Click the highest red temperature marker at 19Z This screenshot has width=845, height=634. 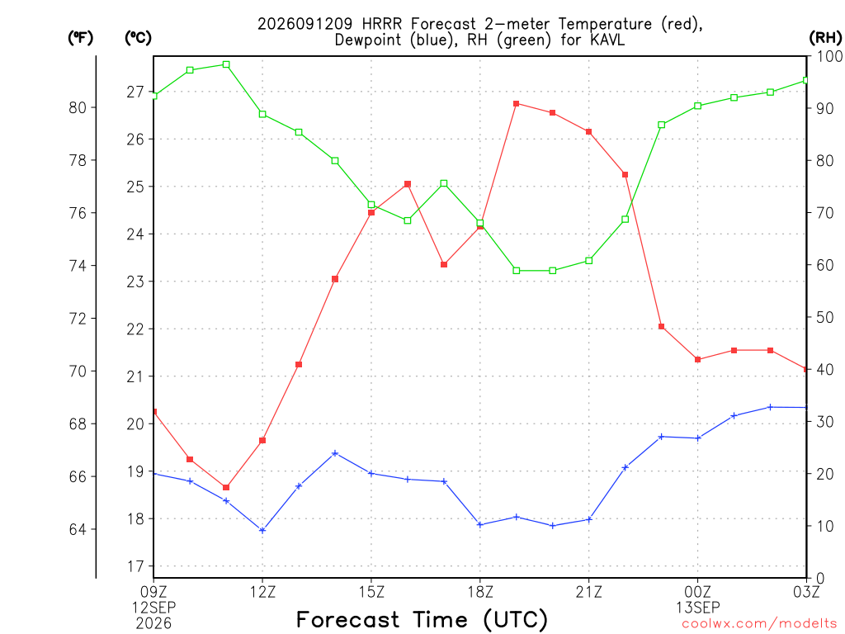517,103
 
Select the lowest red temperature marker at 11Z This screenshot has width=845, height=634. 226,487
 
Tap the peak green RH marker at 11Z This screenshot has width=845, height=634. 226,64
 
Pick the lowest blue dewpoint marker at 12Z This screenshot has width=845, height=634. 262,531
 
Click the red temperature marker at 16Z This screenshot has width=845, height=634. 408,184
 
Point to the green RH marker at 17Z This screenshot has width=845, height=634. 444,184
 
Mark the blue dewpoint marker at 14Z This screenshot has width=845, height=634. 335,453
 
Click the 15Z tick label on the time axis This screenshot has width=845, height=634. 371,592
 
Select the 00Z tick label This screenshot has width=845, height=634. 698,592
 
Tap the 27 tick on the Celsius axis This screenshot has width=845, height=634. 136,92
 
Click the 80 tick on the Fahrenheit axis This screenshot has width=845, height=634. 78,108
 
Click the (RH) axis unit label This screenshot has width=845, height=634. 825,37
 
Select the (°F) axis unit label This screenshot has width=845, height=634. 80,38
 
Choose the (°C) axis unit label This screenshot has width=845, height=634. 138,38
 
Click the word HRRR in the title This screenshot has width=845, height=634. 382,24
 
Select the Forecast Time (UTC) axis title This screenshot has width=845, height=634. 422,619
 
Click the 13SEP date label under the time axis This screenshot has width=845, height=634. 698,608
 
